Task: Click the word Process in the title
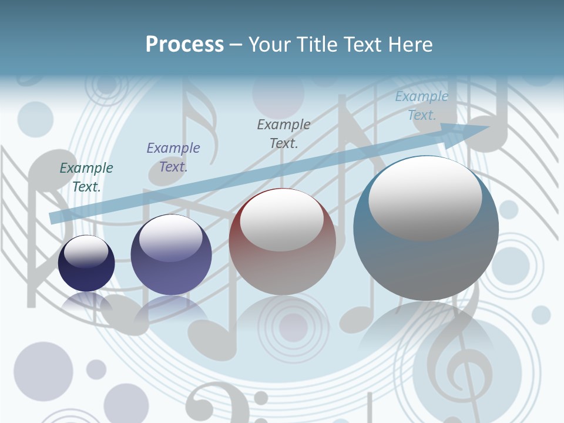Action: (x=184, y=45)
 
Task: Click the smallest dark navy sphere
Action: (x=86, y=264)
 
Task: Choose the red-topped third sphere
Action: (x=283, y=241)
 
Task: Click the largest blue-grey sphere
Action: (x=426, y=229)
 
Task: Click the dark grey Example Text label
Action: (x=284, y=133)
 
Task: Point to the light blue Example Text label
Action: (x=422, y=106)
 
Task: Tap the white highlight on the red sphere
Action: (x=282, y=221)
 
